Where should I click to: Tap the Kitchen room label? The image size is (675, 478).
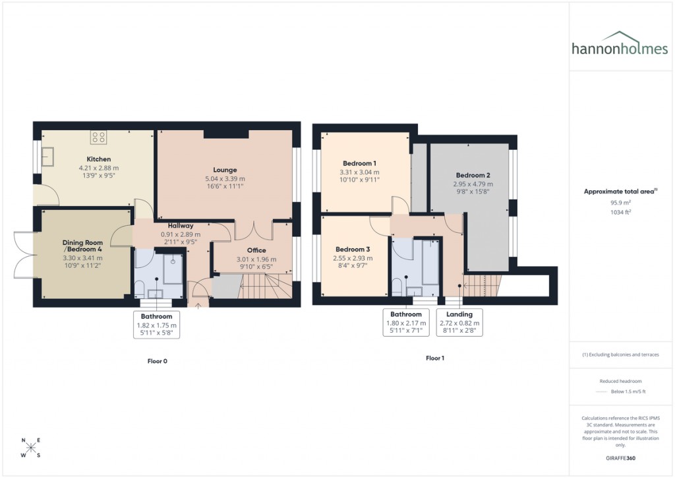[x=99, y=159]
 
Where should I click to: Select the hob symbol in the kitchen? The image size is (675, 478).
[x=99, y=137]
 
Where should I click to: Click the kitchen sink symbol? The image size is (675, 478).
[x=49, y=156]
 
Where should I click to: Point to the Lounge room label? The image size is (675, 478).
[x=225, y=170]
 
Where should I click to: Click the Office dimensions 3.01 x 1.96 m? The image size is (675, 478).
[x=256, y=259]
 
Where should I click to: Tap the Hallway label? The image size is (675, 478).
[x=180, y=226]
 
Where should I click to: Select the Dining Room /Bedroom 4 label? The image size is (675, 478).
[x=82, y=246]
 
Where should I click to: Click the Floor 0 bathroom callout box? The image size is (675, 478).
[x=156, y=325]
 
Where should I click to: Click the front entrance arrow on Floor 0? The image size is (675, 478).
[x=198, y=305]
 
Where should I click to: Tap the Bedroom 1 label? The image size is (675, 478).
[x=360, y=163]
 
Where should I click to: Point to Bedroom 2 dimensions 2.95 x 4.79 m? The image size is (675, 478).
[x=473, y=184]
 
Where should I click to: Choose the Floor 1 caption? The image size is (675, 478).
[x=435, y=358]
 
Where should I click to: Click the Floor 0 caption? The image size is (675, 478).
[x=157, y=360]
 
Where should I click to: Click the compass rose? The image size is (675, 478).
[x=30, y=448]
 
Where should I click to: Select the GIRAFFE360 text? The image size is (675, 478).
[x=620, y=458]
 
